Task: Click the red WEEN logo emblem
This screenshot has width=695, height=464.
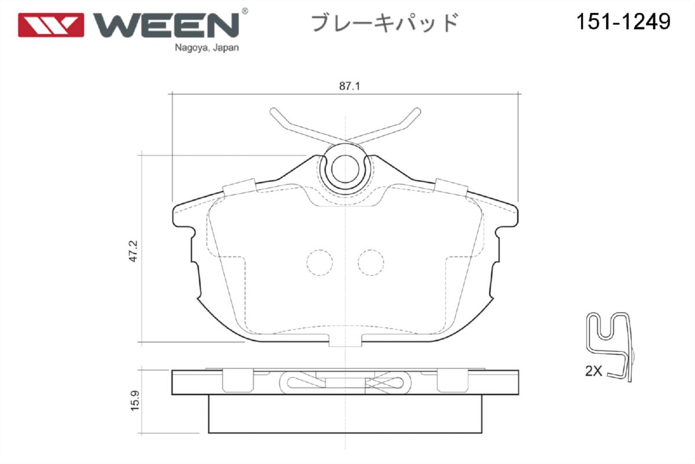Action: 51,25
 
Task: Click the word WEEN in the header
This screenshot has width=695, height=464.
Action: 166,25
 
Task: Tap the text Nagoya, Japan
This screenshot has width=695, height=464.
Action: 207,48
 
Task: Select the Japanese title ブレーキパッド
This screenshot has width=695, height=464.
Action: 385,23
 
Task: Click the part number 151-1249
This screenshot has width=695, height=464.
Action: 623,22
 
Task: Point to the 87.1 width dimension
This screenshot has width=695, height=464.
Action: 350,86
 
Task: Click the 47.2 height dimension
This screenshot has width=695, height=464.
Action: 133,251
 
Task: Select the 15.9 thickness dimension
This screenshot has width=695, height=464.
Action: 135,401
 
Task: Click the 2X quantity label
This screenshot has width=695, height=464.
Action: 593,371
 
